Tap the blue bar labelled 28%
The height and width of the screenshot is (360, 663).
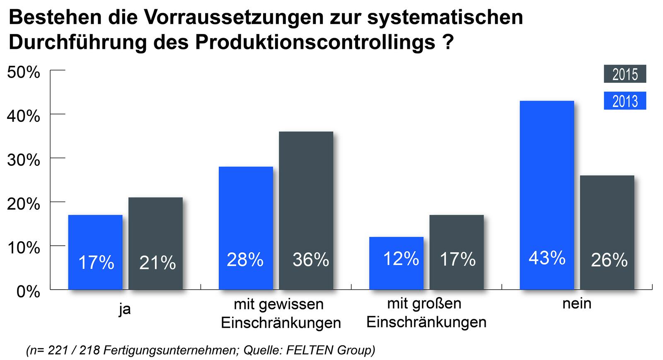point(246,228)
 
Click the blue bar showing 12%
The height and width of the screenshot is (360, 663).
point(396,263)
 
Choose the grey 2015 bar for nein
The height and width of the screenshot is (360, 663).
point(607,232)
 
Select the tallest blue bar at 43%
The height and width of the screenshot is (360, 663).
point(547,195)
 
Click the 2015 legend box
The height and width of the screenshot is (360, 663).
point(625,75)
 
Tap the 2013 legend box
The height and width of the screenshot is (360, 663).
point(625,101)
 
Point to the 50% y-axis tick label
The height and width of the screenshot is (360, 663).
point(24,72)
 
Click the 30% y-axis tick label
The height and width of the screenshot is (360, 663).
point(24,160)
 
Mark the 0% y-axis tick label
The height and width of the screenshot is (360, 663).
point(28,292)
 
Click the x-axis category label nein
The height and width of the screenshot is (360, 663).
point(576,304)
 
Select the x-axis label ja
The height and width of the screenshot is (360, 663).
point(124,309)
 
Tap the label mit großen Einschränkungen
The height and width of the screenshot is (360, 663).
point(426,313)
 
